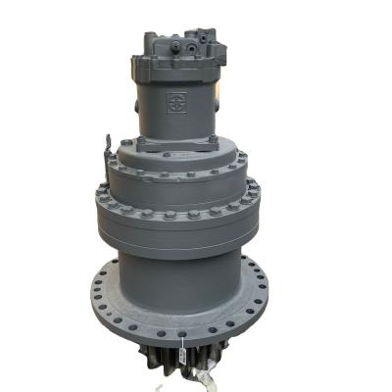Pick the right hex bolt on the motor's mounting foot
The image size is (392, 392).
coord(211,142)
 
